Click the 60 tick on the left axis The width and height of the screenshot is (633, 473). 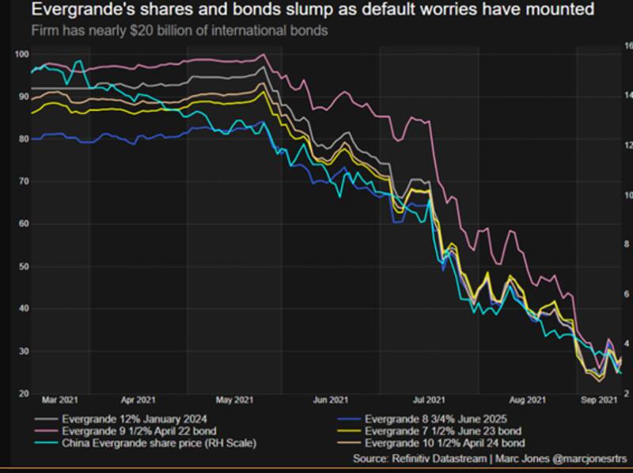[22, 224]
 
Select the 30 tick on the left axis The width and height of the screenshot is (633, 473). [22, 352]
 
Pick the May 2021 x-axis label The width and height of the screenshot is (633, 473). [235, 401]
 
